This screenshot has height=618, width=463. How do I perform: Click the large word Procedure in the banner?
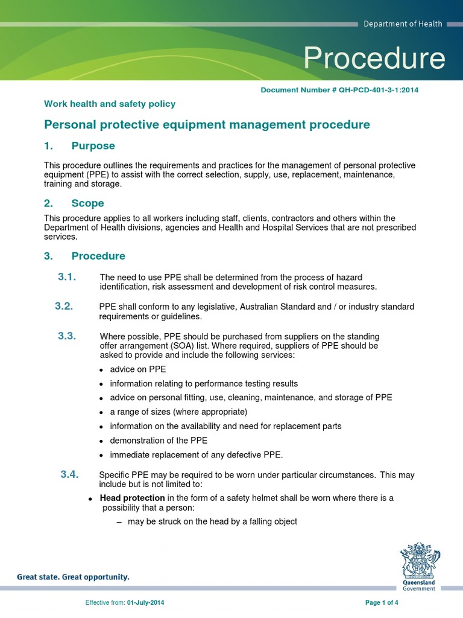[374, 59]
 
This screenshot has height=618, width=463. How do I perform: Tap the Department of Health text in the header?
[402, 24]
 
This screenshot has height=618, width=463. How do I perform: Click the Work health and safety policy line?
[110, 104]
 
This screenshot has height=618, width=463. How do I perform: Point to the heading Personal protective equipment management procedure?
[207, 125]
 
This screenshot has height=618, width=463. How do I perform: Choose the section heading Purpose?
[93, 146]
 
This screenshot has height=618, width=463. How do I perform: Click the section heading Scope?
[87, 203]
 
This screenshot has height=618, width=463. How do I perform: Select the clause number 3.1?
[68, 277]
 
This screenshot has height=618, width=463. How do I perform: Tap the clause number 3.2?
[64, 306]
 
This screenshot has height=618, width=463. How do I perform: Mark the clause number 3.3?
[67, 336]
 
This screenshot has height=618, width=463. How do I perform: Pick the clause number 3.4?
[70, 474]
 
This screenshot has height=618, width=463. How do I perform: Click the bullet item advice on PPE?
[137, 369]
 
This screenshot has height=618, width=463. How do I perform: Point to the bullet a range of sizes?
[178, 412]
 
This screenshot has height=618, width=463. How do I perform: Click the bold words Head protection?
[132, 498]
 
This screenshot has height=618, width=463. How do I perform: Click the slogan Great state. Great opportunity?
[73, 577]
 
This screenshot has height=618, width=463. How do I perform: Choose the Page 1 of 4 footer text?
[382, 602]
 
